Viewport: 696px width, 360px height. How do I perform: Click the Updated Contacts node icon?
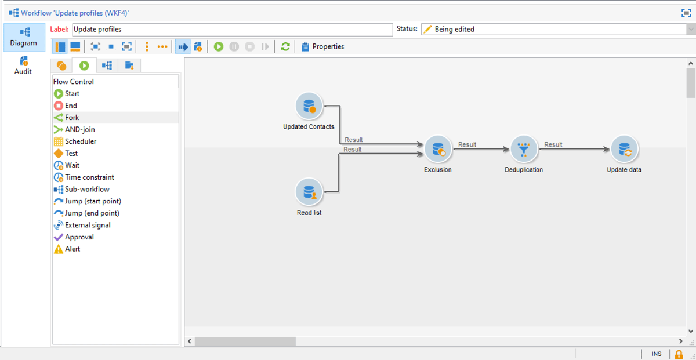309,106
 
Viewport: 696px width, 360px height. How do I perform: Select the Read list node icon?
309,191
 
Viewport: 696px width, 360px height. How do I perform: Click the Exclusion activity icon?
438,149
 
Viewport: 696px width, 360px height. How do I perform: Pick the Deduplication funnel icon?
524,149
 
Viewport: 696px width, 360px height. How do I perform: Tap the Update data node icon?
624,149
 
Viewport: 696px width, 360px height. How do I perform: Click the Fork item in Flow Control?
72,118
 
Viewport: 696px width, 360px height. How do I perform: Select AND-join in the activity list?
80,130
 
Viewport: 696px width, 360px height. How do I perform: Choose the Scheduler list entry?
81,141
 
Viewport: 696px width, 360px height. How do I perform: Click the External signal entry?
88,225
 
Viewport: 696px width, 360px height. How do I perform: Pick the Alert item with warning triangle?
72,249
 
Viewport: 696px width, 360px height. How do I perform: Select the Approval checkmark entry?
79,237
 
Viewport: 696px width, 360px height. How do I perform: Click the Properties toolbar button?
322,46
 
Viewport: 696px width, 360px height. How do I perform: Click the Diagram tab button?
23,37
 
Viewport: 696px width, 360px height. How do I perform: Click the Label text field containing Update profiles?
232,29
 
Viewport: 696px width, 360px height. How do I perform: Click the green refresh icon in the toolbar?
285,46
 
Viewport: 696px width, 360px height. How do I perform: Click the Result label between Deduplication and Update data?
553,145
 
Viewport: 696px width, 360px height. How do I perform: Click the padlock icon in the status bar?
679,354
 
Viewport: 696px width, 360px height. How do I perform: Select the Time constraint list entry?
89,177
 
